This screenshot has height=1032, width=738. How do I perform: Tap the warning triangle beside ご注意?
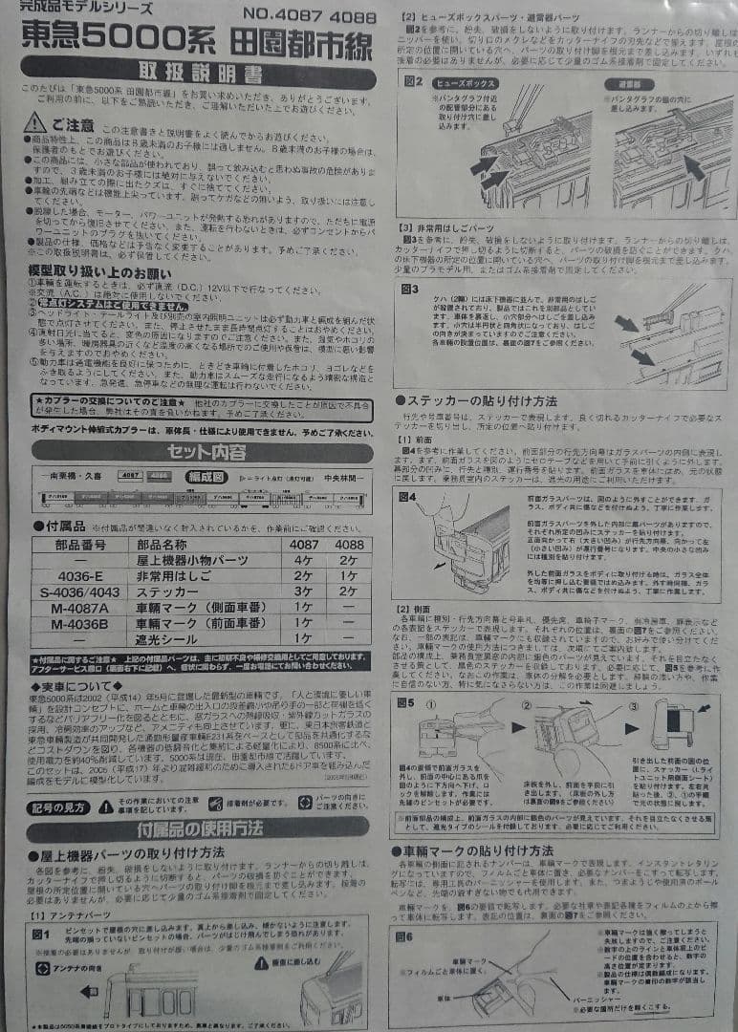coord(35,123)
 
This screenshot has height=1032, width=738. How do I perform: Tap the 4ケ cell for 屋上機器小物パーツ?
coord(304,560)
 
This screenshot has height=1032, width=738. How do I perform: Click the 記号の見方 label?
coord(58,806)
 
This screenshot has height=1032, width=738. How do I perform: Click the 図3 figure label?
coord(410,288)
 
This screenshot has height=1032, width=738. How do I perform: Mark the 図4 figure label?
coord(408,495)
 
